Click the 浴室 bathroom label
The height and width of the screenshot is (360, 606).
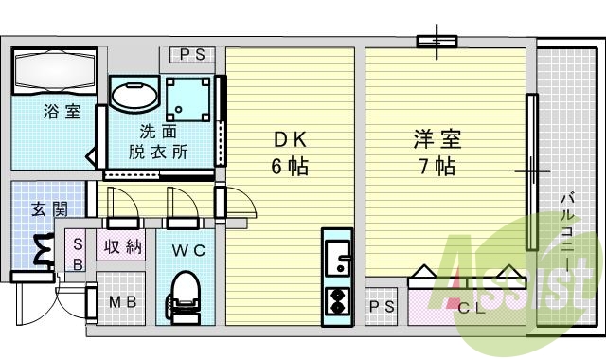tap(60, 112)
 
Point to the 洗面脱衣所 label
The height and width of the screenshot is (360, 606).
tap(158, 140)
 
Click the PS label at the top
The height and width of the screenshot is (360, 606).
tap(193, 55)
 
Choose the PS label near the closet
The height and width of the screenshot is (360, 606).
tap(382, 306)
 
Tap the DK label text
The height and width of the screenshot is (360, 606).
tap(290, 140)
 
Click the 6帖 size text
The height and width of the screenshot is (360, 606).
tap(290, 167)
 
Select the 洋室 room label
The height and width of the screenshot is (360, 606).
tap(437, 140)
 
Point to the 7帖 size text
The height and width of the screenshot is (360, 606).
tap(437, 167)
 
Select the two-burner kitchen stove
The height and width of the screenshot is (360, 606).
tap(336, 300)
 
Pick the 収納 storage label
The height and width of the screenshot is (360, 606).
tap(123, 247)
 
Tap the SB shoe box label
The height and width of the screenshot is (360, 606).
tap(79, 253)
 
